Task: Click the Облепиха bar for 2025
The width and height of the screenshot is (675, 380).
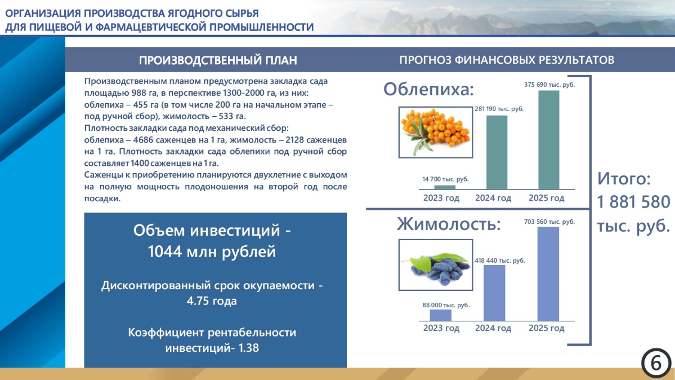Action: tap(549, 140)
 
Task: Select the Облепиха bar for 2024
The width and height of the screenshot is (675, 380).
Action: tap(497, 152)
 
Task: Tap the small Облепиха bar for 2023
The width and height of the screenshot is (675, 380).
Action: tap(445, 187)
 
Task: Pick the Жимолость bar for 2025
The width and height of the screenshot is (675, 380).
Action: tap(548, 274)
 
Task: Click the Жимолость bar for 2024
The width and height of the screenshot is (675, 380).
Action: tap(494, 293)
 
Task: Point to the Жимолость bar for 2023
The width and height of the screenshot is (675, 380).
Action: tap(441, 315)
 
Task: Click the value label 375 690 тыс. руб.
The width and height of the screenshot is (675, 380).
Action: tap(549, 85)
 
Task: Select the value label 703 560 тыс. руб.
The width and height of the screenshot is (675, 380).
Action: tap(549, 222)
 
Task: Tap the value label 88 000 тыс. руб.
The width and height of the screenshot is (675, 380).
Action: tap(446, 306)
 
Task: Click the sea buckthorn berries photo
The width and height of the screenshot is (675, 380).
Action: tap(436, 132)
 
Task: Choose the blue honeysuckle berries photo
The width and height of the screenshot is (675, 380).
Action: tap(436, 265)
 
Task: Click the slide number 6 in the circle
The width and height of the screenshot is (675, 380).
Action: tap(656, 363)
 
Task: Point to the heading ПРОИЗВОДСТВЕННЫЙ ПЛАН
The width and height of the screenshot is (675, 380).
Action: tap(218, 60)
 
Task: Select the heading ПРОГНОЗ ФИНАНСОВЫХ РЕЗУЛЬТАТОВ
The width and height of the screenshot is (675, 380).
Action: tap(507, 60)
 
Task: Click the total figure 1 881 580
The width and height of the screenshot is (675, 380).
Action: tap(634, 202)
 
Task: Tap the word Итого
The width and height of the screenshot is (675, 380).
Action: tap(624, 179)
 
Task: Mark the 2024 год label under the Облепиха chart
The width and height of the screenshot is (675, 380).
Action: tap(493, 198)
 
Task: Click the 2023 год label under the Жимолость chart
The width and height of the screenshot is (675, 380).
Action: tap(441, 328)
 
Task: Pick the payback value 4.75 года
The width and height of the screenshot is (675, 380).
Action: tap(212, 301)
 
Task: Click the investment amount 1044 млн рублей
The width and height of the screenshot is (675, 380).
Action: tap(212, 251)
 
